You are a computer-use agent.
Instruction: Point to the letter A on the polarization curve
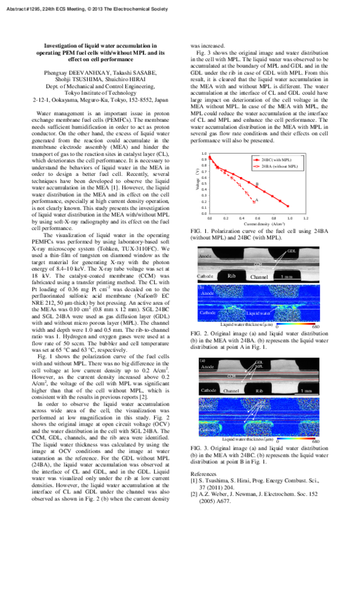(x=256, y=200)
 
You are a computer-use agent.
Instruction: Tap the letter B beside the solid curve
(x=257, y=184)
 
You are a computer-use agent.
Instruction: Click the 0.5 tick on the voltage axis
(x=204, y=184)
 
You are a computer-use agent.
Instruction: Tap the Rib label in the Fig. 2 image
(x=232, y=277)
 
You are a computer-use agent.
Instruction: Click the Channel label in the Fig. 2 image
(x=259, y=277)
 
